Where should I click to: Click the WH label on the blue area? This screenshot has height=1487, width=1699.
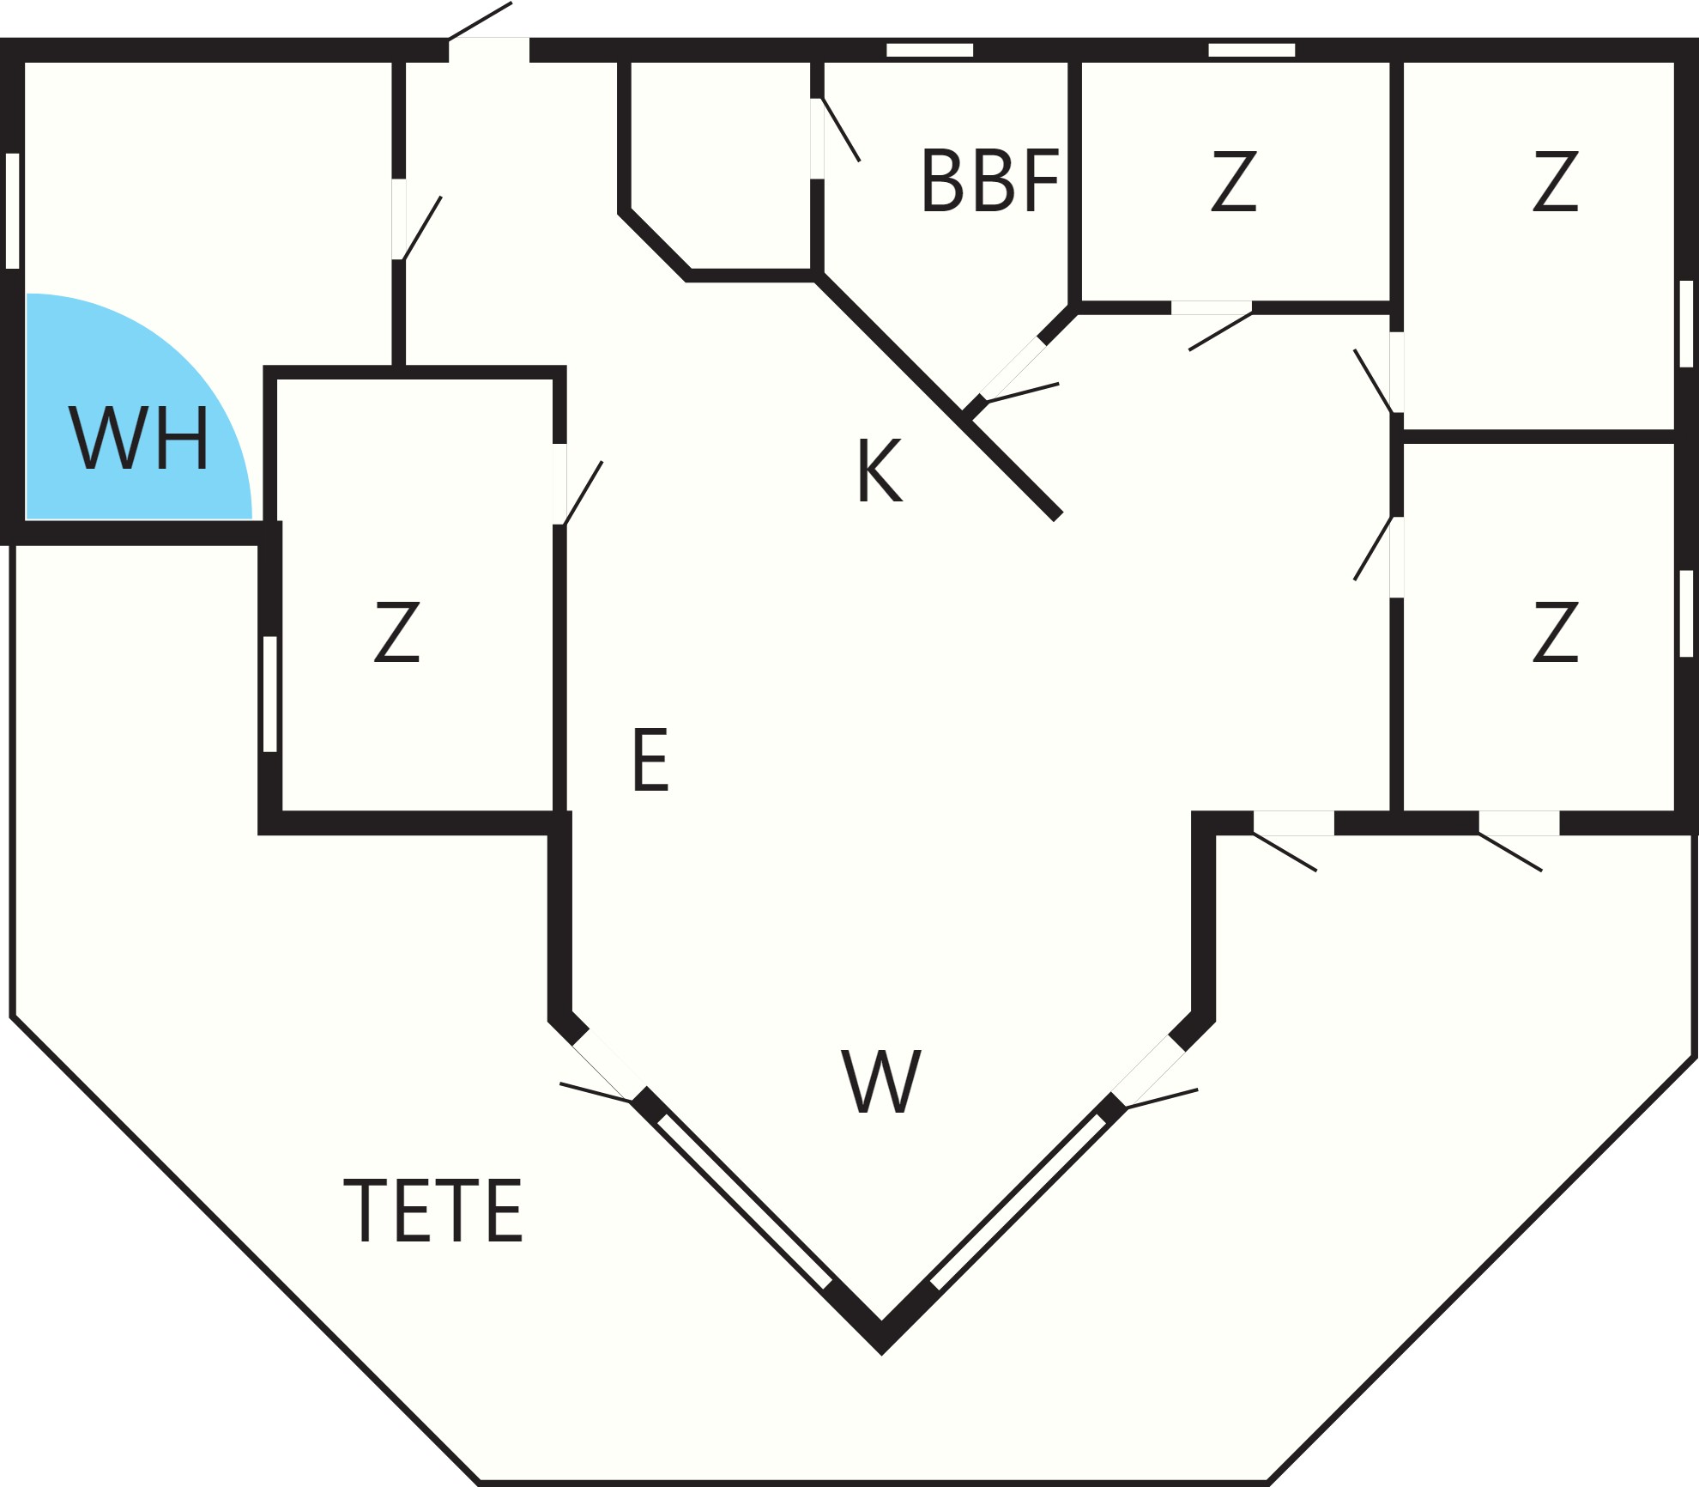139,438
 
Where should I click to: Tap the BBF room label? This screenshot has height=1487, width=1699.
990,180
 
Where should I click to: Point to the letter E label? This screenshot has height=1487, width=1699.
650,760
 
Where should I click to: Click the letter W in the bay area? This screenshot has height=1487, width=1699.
880,1082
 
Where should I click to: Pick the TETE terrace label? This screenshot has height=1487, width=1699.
433,1211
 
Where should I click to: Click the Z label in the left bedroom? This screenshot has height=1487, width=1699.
396,632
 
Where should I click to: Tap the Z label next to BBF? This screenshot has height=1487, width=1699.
1234,181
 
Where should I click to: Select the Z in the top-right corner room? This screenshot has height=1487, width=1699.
1555,181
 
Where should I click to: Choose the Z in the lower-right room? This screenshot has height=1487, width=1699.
1555,632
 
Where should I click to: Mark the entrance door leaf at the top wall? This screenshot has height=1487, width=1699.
480,21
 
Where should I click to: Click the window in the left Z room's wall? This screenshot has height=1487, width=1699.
270,694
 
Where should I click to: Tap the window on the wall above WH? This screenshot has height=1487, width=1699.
13,210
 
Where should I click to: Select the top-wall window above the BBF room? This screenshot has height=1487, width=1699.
929,50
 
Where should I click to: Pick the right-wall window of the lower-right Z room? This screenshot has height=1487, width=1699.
1686,614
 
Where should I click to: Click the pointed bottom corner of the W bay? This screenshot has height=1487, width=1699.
881,1355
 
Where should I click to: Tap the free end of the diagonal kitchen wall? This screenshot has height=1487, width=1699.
1058,515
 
